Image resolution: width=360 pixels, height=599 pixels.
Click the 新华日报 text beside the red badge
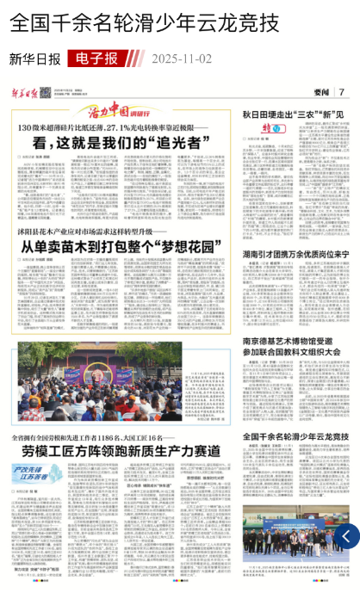point(35,59)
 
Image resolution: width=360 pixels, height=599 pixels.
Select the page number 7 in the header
point(342,92)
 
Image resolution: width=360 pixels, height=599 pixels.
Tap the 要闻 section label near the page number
point(321,92)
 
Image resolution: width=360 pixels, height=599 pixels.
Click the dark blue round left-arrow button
point(347,536)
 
